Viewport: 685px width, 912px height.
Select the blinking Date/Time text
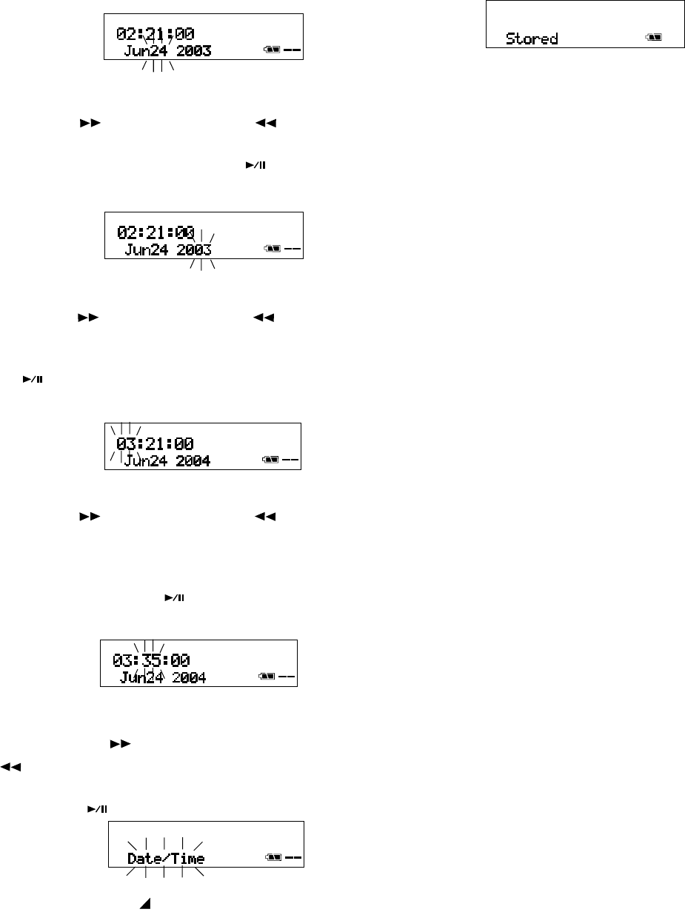(x=166, y=859)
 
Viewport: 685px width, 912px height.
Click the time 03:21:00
(x=155, y=444)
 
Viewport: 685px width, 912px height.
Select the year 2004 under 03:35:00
(x=188, y=677)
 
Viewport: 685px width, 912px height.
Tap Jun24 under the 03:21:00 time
(x=145, y=461)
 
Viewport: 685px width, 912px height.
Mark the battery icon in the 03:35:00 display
(x=266, y=677)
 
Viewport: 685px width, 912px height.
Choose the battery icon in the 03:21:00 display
(x=270, y=460)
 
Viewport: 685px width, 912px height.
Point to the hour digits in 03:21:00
(x=125, y=444)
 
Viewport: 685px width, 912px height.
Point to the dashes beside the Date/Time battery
(x=293, y=858)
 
